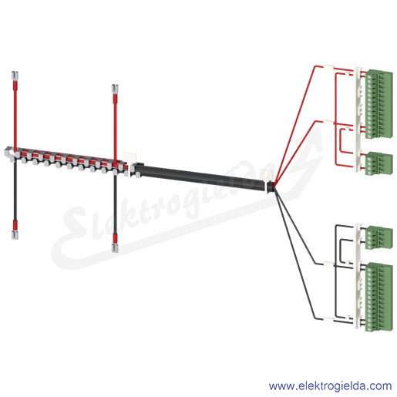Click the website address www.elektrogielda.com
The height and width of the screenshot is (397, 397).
[330, 386]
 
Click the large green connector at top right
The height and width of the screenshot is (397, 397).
[378, 104]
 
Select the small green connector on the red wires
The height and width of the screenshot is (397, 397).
[379, 163]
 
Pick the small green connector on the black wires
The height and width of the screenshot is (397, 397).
[379, 237]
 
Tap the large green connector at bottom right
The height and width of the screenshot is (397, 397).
[379, 297]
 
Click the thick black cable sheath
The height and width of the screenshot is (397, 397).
[201, 177]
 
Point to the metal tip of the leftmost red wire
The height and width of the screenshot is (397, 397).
[15, 76]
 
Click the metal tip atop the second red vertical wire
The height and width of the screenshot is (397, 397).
[115, 89]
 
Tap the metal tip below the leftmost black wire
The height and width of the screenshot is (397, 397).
[15, 235]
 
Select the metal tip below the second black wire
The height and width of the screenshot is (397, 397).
[115, 248]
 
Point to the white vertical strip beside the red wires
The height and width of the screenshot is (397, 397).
[358, 119]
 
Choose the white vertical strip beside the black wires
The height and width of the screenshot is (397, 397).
[358, 276]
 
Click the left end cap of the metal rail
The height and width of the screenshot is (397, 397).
[8, 153]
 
